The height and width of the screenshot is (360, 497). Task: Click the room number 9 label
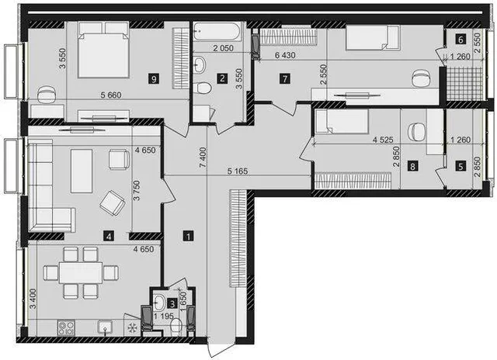coord(154,78)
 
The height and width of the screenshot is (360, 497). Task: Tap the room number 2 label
coord(222,78)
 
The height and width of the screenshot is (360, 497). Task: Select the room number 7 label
coord(285,78)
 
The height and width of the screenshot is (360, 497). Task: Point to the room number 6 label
coord(461,40)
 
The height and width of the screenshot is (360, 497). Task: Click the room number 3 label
coord(172,304)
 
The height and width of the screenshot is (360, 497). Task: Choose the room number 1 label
coord(189,236)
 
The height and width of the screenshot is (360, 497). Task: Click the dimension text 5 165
coord(238,171)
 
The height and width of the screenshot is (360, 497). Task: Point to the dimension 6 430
coord(285,55)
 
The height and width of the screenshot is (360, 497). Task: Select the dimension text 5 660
coord(110,95)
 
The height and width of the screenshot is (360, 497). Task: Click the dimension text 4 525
coord(383,140)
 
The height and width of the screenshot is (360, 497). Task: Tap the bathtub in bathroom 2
coord(217,31)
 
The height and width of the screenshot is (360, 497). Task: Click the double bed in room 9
coord(103,50)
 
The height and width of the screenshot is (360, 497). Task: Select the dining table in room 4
coord(81,272)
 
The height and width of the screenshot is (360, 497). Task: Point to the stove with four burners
coord(66,328)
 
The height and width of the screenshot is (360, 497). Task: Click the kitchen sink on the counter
coord(106,327)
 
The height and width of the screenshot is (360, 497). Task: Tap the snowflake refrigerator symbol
coord(131,328)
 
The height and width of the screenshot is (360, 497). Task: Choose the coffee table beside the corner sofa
coord(82,171)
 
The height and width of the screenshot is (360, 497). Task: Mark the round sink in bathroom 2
coord(200,64)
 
